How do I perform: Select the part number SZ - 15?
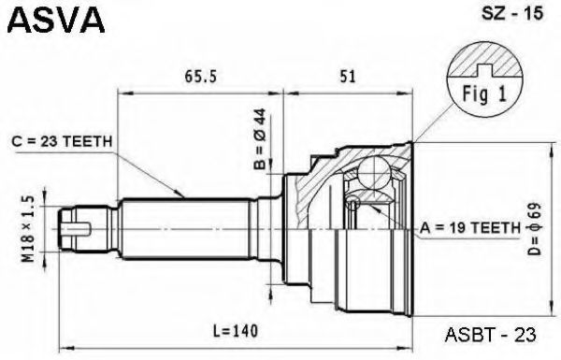click(x=512, y=14)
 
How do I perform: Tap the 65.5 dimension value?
click(x=201, y=77)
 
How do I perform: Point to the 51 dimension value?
click(x=348, y=77)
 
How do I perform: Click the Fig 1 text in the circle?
click(x=484, y=94)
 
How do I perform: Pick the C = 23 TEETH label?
click(x=62, y=142)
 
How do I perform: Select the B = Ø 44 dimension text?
click(x=260, y=138)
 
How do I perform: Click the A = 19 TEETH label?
click(x=470, y=227)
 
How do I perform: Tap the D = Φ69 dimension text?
click(x=535, y=229)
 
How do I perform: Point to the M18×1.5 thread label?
click(x=29, y=229)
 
